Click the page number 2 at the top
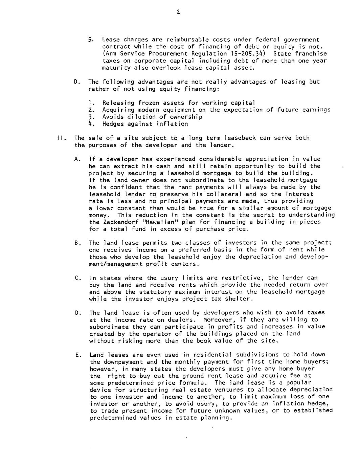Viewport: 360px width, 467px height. click(178, 13)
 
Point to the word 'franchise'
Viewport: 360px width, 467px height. click(311, 54)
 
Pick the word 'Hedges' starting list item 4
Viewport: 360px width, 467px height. click(113, 124)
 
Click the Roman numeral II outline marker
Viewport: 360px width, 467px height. click(60, 138)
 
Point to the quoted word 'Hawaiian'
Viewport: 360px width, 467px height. click(156, 222)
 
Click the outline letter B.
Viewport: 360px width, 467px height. click(77, 243)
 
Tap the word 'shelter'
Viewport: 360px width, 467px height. click(239, 299)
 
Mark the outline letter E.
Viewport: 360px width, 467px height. click(77, 355)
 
